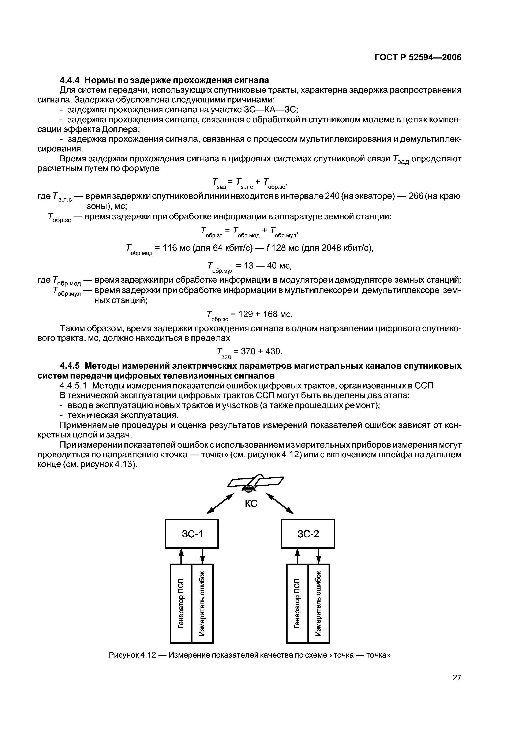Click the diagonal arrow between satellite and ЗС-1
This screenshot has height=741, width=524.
tap(220, 503)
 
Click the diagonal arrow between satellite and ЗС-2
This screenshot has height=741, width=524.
tap(280, 503)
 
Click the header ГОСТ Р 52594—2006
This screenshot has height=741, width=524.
tap(418, 57)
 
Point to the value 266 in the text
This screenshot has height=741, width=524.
tap(416, 196)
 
